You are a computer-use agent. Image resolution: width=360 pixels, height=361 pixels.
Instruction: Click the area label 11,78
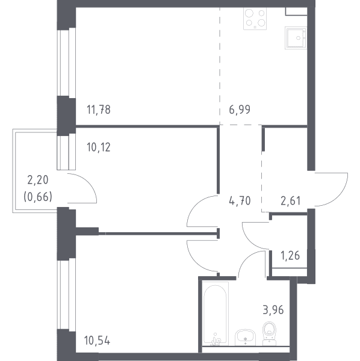pos(99,110)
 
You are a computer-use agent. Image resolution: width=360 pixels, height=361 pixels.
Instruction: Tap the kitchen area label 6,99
pos(240,110)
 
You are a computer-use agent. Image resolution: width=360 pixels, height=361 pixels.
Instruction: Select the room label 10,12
pos(99,147)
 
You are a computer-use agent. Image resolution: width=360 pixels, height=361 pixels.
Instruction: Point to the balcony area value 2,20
pos(38,180)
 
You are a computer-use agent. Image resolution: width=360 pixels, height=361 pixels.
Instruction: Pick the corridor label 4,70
pos(240,201)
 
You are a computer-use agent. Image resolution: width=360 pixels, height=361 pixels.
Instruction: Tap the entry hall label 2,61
pos(290,201)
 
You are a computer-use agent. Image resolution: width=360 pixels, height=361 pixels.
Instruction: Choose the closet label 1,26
pos(290,256)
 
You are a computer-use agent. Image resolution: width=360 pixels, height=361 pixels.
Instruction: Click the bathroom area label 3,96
pos(273,310)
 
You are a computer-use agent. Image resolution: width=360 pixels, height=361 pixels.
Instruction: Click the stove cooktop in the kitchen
pos(255,19)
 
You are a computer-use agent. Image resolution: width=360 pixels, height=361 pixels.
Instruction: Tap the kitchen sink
pos(296,38)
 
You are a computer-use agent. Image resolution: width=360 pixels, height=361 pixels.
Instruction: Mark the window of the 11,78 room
pos(66,62)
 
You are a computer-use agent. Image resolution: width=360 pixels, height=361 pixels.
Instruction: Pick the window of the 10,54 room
pos(66,294)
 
